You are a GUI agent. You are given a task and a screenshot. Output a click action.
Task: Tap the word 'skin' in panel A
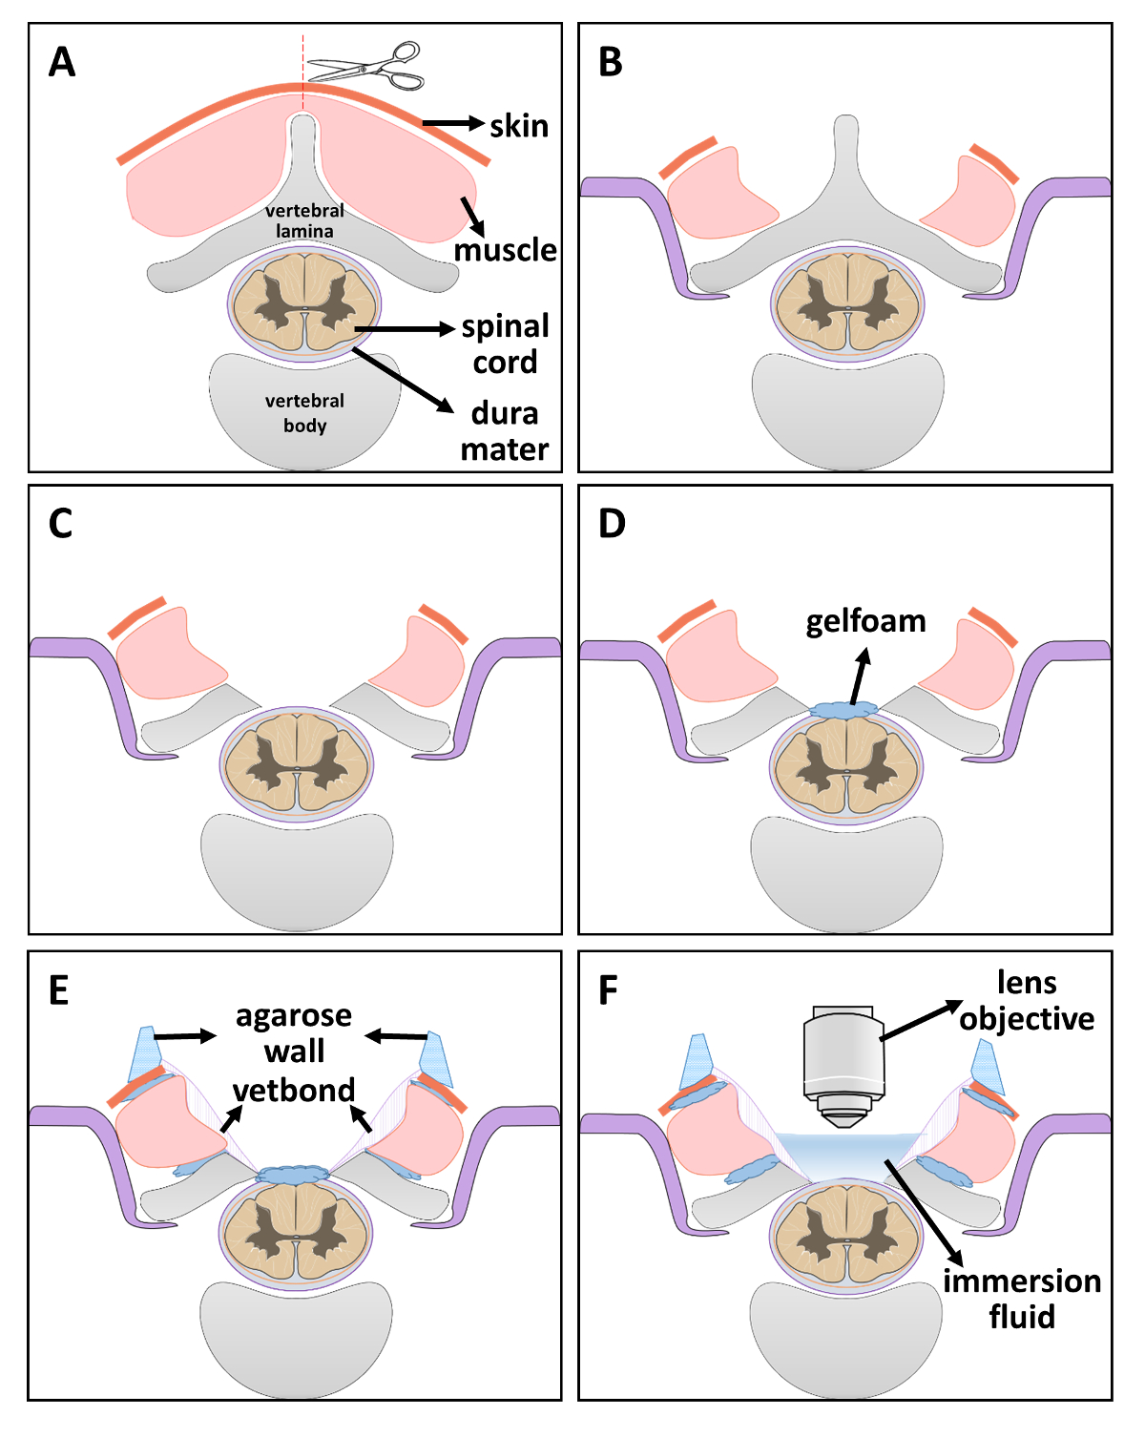point(519,126)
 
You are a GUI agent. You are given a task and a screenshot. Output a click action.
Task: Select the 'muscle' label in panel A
point(505,250)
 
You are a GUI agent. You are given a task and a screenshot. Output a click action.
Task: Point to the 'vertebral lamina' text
point(304,220)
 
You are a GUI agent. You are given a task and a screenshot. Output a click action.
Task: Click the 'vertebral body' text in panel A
point(304,413)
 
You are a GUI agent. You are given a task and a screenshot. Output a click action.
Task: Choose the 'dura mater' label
point(505,431)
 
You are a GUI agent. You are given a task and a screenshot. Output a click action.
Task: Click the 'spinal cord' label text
point(505,344)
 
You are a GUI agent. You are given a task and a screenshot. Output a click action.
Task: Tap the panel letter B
point(611,63)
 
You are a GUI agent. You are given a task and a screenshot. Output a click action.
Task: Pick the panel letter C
point(60,524)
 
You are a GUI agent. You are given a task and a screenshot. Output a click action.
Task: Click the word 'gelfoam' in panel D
point(865,621)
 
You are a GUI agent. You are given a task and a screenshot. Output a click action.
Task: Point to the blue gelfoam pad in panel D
point(845,711)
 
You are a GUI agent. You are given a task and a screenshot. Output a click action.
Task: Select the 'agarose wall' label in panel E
point(294,1033)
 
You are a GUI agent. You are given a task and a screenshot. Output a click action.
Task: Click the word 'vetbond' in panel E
point(294,1090)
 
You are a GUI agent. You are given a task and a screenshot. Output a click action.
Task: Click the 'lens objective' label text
point(1027,1001)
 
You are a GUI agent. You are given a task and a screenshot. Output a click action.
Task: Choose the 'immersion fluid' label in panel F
point(1022,1299)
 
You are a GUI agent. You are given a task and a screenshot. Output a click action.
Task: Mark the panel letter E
point(59,991)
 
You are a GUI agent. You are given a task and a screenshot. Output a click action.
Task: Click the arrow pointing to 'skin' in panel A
point(453,123)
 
